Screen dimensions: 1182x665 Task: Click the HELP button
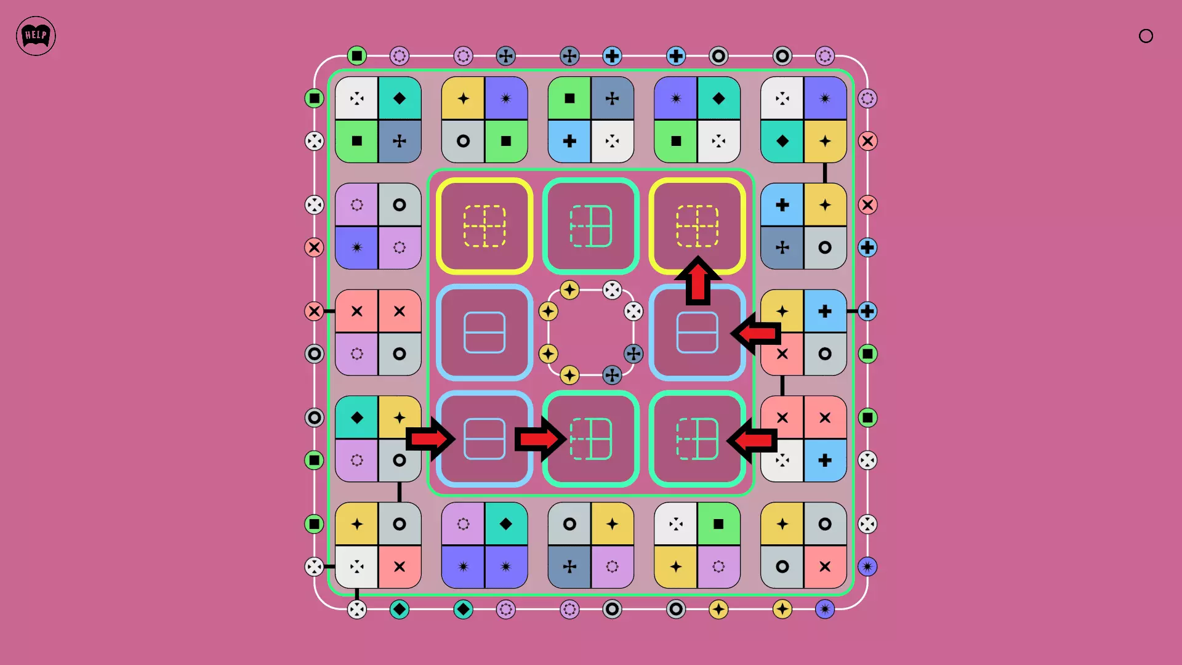(36, 36)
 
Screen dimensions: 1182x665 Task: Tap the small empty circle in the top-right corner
(1146, 36)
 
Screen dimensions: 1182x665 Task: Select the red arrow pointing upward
(698, 280)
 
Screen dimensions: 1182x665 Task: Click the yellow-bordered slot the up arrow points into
(698, 226)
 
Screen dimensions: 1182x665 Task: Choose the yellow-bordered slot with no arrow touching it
(484, 226)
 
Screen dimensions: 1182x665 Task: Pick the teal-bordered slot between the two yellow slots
(591, 226)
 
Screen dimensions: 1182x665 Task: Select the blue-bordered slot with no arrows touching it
(484, 332)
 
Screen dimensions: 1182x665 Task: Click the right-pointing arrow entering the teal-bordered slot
(540, 439)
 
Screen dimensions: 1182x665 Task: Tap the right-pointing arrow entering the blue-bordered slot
(431, 439)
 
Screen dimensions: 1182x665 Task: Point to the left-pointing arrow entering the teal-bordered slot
(752, 440)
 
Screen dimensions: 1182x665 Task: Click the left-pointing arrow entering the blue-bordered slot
(755, 333)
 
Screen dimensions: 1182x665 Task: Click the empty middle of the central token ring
(591, 332)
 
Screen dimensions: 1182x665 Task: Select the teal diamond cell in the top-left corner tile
(400, 98)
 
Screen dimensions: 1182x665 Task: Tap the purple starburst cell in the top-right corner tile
(825, 98)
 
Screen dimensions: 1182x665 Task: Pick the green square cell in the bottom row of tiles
(718, 524)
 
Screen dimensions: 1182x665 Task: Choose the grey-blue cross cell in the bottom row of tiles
(569, 566)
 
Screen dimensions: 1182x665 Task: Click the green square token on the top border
(357, 56)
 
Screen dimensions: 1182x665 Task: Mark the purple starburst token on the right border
(867, 566)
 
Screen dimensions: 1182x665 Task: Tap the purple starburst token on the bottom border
(825, 610)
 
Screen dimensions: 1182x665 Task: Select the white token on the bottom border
(357, 610)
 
